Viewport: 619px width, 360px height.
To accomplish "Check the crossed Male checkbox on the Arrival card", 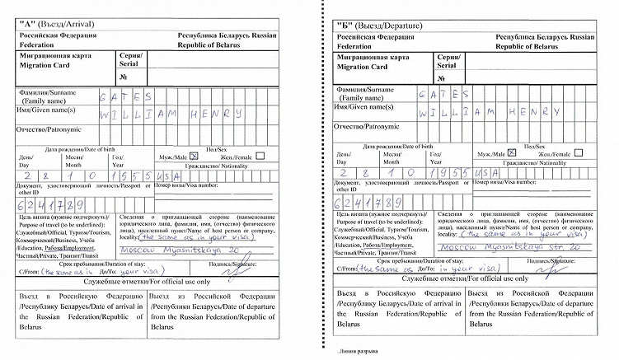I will pos(195,155).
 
